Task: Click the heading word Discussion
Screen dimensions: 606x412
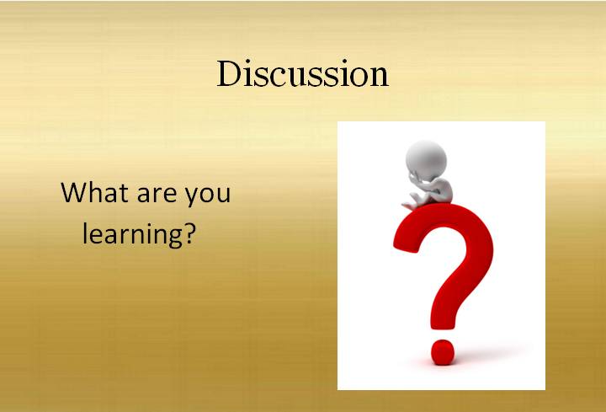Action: point(303,73)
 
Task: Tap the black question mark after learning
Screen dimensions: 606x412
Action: point(189,233)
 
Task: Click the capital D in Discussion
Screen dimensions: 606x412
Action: point(230,73)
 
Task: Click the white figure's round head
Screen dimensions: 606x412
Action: point(426,160)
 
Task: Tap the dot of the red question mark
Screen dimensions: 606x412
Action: point(443,351)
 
